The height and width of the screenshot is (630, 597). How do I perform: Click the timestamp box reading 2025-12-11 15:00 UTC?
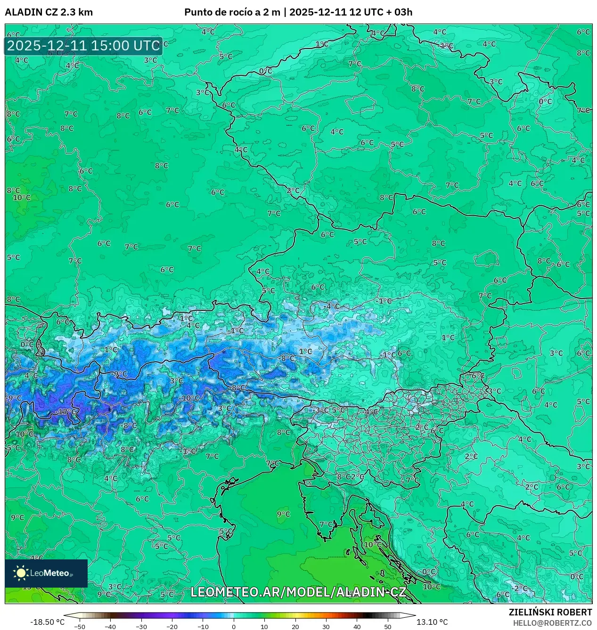pos(83,46)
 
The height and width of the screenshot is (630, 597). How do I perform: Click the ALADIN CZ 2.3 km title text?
pos(49,12)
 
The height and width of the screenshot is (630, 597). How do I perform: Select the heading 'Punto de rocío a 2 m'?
pos(232,12)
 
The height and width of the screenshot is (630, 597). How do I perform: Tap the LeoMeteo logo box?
pos(46,573)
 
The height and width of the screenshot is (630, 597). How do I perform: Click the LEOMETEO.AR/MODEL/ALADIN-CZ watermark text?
pos(298,592)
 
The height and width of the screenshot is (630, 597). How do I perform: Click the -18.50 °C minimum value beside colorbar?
pos(47,622)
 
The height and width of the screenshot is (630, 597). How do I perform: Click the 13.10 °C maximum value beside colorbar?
pos(432,622)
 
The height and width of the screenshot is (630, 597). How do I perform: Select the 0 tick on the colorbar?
pos(234,627)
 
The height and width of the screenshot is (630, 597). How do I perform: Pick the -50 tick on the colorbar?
pos(80,627)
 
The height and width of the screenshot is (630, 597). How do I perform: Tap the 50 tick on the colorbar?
pos(387,627)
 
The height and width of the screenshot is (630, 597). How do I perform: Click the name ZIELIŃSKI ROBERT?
pos(550,612)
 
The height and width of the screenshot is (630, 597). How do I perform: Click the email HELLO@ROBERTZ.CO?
pos(552,623)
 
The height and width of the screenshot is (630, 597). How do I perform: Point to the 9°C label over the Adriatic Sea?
pos(284,514)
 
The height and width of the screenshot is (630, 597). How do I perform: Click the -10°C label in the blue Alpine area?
pos(190,398)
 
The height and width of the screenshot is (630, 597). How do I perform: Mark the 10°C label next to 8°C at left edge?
pos(22,198)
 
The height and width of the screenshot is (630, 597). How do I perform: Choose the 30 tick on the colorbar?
pos(326,627)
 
